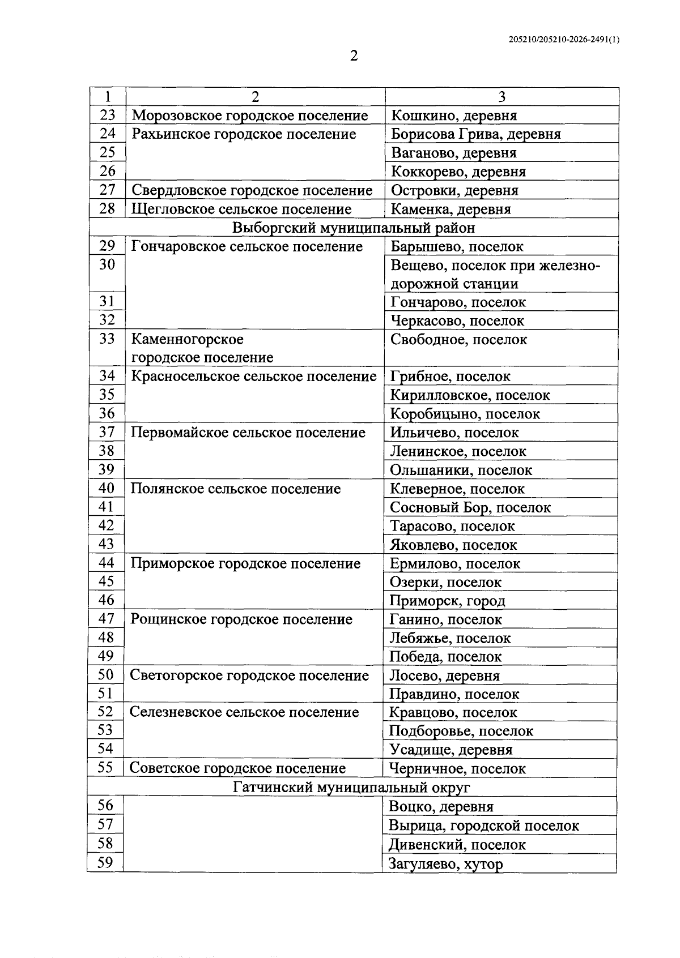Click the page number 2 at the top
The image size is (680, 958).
pyautogui.click(x=354, y=56)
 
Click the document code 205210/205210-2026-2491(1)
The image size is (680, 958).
pyautogui.click(x=564, y=40)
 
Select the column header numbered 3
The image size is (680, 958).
pyautogui.click(x=501, y=97)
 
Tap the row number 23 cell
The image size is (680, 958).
pyautogui.click(x=107, y=116)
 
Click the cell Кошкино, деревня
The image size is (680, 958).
pyautogui.click(x=454, y=116)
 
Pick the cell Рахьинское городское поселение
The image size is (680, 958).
pyautogui.click(x=244, y=135)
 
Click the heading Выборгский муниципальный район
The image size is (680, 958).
pyautogui.click(x=354, y=228)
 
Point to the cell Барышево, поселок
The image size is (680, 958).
pyautogui.click(x=457, y=247)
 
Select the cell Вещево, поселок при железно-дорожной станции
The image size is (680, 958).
pyautogui.click(x=495, y=275)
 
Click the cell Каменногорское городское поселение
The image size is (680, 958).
pyautogui.click(x=202, y=348)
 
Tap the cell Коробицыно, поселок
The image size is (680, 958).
pyautogui.click(x=465, y=414)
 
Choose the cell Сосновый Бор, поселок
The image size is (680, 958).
pyautogui.click(x=470, y=508)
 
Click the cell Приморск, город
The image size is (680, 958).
pyautogui.click(x=447, y=601)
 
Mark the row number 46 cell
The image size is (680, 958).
pyautogui.click(x=106, y=600)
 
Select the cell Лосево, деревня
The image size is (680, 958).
pyautogui.click(x=444, y=676)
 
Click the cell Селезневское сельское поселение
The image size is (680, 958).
pyautogui.click(x=244, y=713)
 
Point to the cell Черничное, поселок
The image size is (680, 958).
pyautogui.click(x=457, y=769)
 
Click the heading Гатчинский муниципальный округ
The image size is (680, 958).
pyautogui.click(x=351, y=788)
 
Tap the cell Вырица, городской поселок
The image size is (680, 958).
pyautogui.click(x=483, y=826)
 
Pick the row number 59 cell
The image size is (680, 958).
pyautogui.click(x=105, y=863)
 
